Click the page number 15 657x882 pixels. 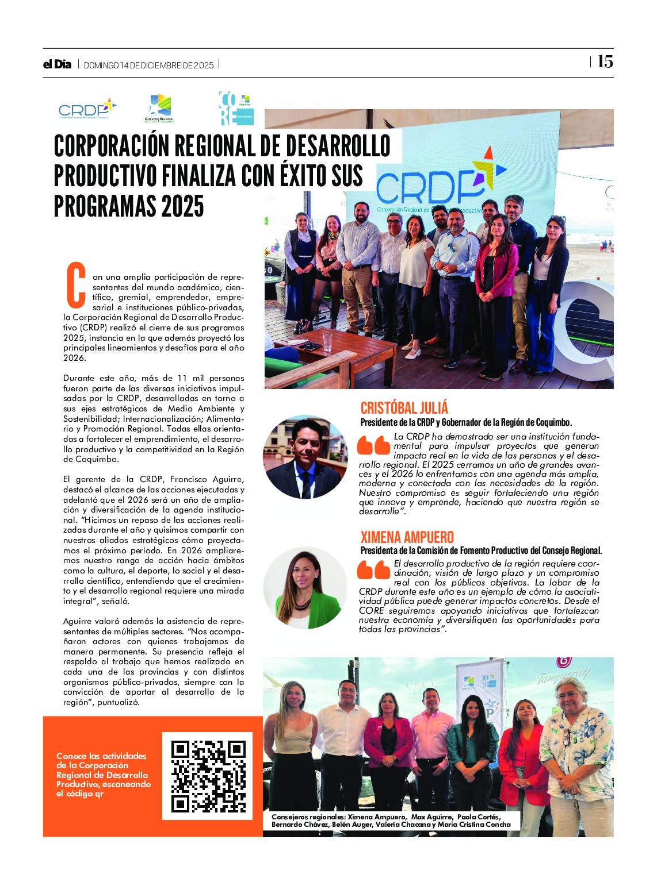tap(605, 61)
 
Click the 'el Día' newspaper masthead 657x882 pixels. tap(57, 64)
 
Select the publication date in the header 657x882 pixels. tap(148, 66)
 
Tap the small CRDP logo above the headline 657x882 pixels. tap(87, 109)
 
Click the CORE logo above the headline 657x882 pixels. tap(236, 109)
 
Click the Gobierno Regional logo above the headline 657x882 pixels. tap(159, 109)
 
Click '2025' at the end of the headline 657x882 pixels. tap(183, 206)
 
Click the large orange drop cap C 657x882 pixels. tap(77, 285)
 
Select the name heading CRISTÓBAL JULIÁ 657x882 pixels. tap(404, 408)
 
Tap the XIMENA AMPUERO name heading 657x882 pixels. tap(407, 537)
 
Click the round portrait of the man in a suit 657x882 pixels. tap(305, 457)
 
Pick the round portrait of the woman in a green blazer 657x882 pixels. tap(305, 588)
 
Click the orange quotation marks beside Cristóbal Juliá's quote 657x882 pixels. tap(373, 445)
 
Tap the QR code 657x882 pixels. tap(208, 776)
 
